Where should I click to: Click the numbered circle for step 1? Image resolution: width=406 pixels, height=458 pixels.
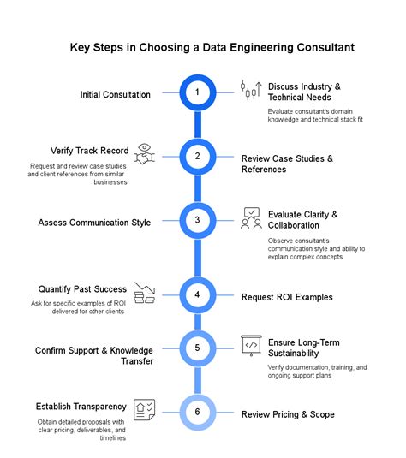[197, 92]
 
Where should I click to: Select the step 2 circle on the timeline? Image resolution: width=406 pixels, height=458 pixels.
[197, 157]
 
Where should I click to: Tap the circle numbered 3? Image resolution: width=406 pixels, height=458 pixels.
[197, 221]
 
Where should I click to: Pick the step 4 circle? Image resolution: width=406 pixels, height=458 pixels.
[197, 295]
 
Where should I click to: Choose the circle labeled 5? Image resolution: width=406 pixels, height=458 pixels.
[197, 348]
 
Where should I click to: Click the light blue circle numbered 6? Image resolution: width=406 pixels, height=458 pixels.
[197, 413]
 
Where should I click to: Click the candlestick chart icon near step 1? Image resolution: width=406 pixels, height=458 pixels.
[250, 90]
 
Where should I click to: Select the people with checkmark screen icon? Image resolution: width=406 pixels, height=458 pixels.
[251, 219]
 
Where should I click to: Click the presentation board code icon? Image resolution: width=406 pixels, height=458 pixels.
[251, 346]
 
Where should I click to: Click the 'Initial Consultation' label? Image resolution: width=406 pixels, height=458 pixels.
[116, 94]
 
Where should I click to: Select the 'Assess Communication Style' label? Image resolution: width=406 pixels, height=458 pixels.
[94, 223]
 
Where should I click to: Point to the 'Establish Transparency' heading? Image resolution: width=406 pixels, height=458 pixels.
[81, 406]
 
